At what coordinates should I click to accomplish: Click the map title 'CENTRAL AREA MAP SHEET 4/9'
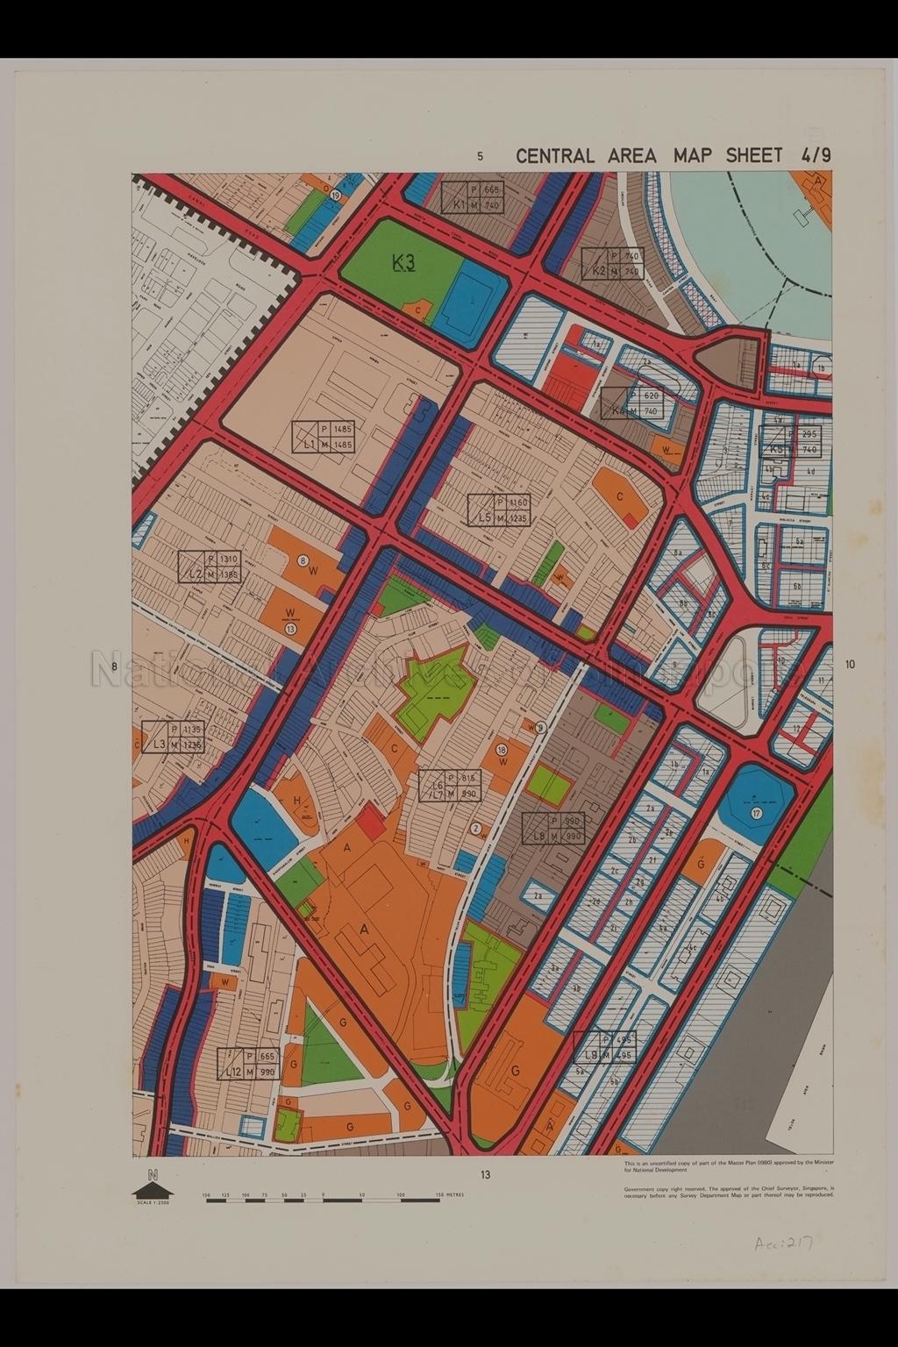pyautogui.click(x=673, y=156)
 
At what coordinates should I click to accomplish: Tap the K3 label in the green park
pyautogui.click(x=403, y=262)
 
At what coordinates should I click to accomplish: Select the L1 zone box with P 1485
pyautogui.click(x=324, y=437)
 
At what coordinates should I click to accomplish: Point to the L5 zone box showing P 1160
pyautogui.click(x=499, y=510)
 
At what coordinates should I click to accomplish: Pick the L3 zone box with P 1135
pyautogui.click(x=173, y=737)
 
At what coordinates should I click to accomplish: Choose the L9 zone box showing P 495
pyautogui.click(x=604, y=1047)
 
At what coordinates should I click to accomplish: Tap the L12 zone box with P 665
pyautogui.click(x=247, y=1065)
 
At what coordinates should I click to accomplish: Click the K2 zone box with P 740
pyautogui.click(x=612, y=263)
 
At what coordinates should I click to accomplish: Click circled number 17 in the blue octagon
pyautogui.click(x=755, y=814)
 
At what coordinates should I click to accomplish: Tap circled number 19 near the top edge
pyautogui.click(x=336, y=196)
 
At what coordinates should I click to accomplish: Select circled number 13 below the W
pyautogui.click(x=290, y=628)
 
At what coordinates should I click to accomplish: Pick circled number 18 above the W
pyautogui.click(x=502, y=750)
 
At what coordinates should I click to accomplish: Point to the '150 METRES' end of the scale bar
pyautogui.click(x=451, y=1194)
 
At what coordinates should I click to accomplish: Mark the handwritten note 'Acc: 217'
pyautogui.click(x=783, y=1244)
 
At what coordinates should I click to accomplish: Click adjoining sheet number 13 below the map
pyautogui.click(x=485, y=1175)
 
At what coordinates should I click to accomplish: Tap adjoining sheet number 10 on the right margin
pyautogui.click(x=849, y=665)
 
